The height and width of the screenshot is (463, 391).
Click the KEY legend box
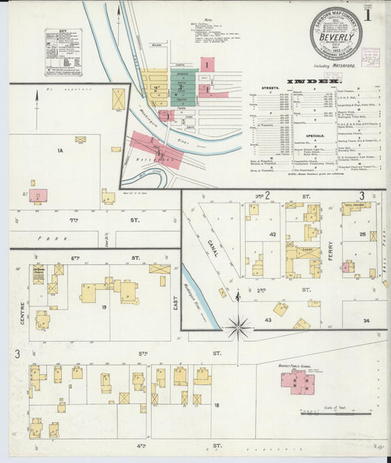[63, 52]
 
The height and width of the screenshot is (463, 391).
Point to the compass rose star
[238, 327]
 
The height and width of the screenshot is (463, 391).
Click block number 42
[272, 234]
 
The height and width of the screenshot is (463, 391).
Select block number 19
[104, 307]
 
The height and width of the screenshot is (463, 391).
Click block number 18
[216, 404]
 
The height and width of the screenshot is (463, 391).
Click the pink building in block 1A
[39, 195]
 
